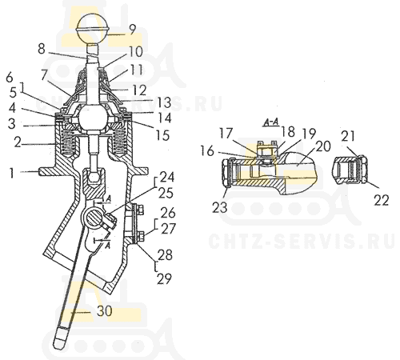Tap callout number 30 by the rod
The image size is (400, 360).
pos(104,311)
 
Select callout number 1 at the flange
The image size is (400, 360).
pos(11,173)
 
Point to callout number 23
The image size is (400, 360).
pos(220,207)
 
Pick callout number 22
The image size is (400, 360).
pos(382,200)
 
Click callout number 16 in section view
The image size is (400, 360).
pos(207,151)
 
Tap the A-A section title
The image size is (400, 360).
pos(270,122)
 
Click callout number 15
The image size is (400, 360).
pos(162,135)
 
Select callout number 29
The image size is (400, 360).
pos(164,279)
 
